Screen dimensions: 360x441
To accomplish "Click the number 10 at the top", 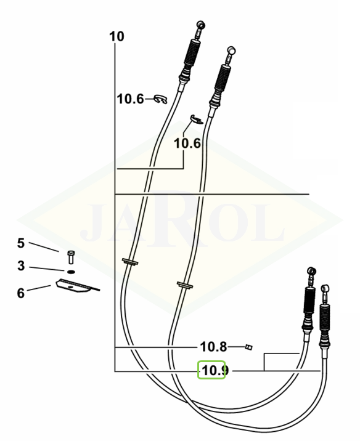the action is [x=117, y=37].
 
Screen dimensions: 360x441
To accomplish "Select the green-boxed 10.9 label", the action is [x=214, y=370].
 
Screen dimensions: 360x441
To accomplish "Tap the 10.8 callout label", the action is [x=213, y=347].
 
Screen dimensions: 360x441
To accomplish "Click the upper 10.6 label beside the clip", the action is [x=130, y=99].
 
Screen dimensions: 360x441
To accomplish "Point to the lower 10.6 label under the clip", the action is [x=187, y=144].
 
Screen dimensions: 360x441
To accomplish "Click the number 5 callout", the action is [x=21, y=243].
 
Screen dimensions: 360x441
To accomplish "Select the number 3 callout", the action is [x=21, y=266].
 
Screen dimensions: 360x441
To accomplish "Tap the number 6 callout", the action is [x=21, y=293].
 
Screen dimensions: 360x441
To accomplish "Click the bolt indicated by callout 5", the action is [x=71, y=257].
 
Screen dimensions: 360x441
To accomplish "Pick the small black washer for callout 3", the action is [x=72, y=272].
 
